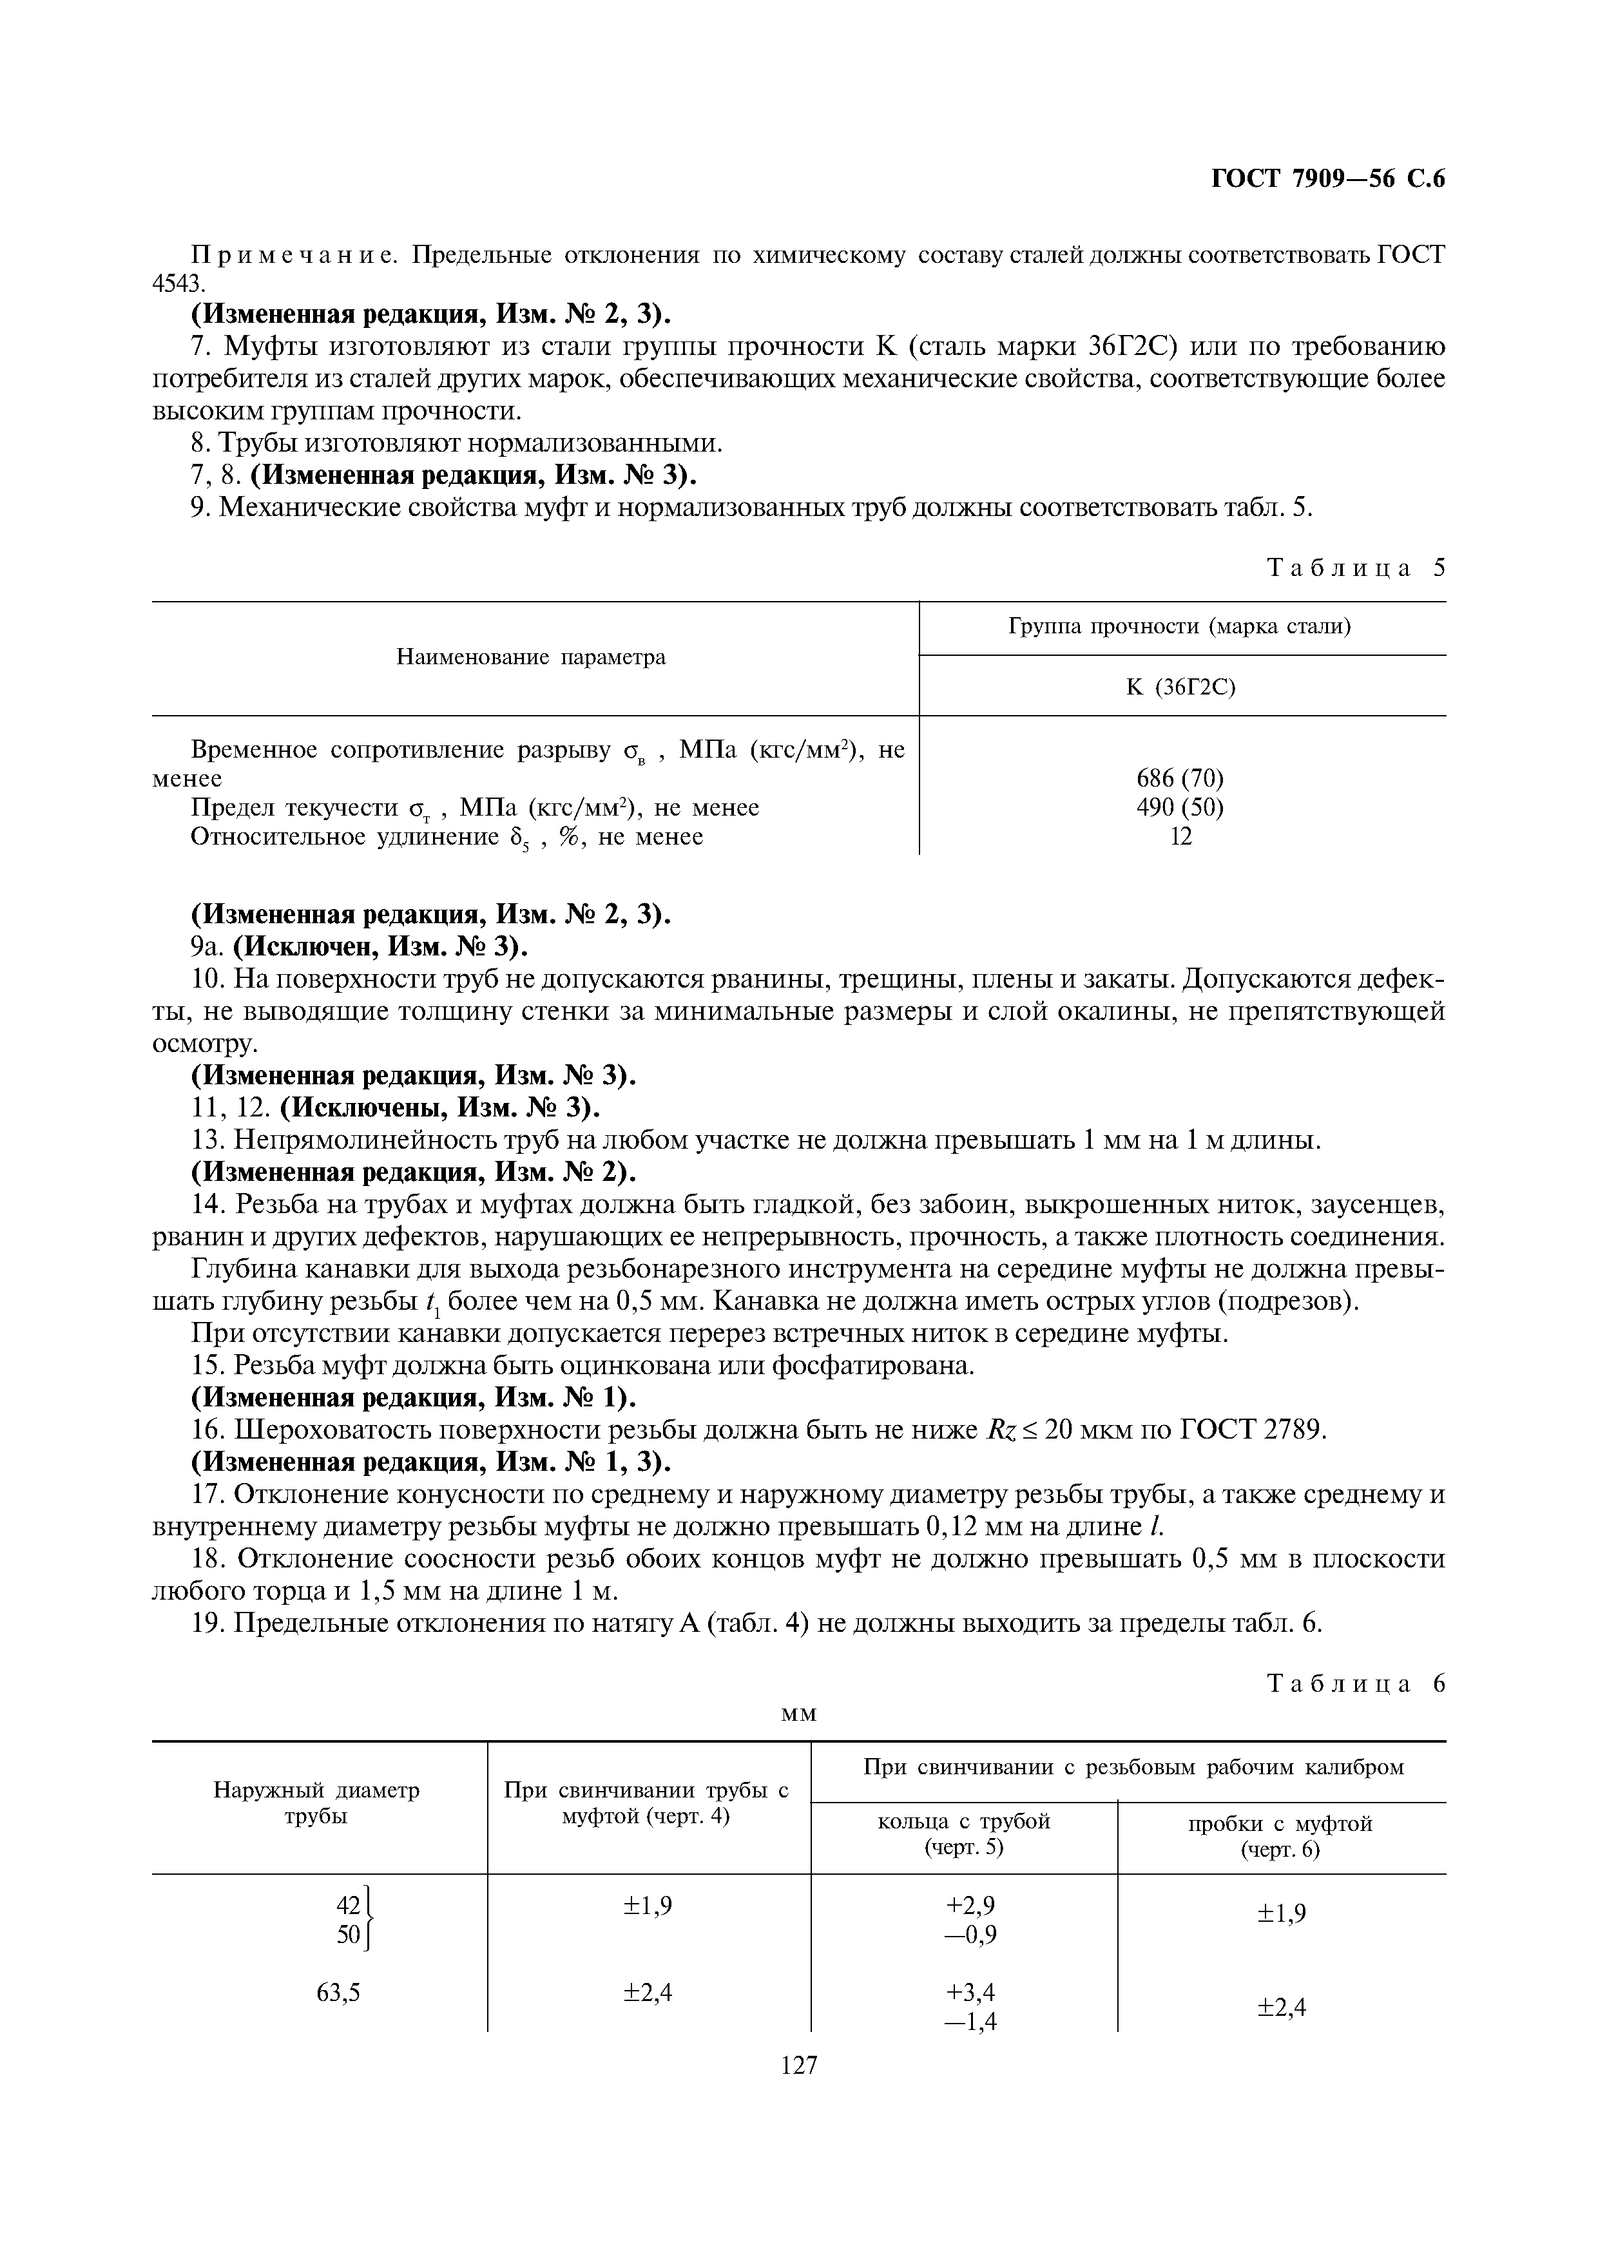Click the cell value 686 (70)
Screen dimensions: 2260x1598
1180,778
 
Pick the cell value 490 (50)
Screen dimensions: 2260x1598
1180,807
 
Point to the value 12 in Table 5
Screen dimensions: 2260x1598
1180,837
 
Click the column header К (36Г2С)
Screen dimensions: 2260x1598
1180,687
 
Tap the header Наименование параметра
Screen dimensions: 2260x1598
531,656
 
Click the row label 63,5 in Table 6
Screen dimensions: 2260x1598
338,1992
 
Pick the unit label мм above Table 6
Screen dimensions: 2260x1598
798,1714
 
